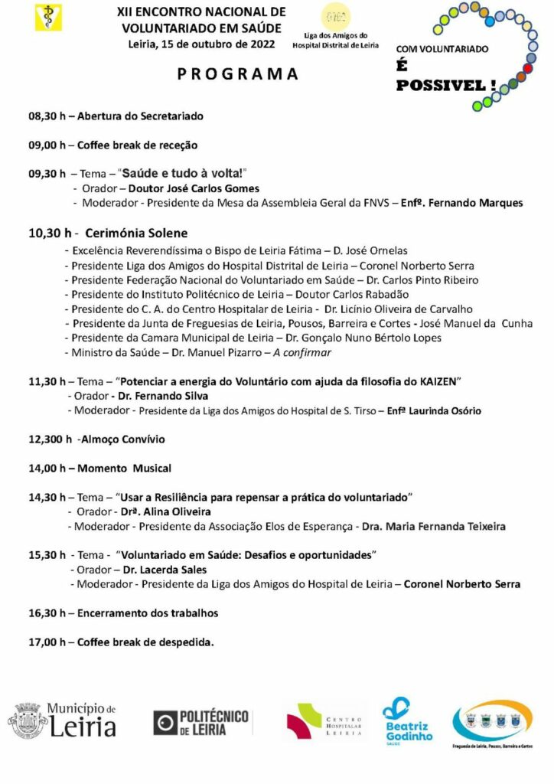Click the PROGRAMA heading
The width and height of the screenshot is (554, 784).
click(238, 74)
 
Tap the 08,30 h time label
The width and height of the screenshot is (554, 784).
click(47, 116)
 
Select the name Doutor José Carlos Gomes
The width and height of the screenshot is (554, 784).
click(194, 188)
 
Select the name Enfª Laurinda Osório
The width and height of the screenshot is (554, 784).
click(434, 410)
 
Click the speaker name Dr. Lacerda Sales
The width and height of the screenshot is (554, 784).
click(157, 570)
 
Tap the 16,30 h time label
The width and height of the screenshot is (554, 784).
click(47, 612)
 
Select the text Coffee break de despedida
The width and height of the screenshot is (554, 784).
click(145, 642)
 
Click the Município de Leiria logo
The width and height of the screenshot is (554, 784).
click(63, 720)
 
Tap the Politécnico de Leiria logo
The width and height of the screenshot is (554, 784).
click(200, 722)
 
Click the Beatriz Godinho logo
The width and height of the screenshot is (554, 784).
click(407, 721)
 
